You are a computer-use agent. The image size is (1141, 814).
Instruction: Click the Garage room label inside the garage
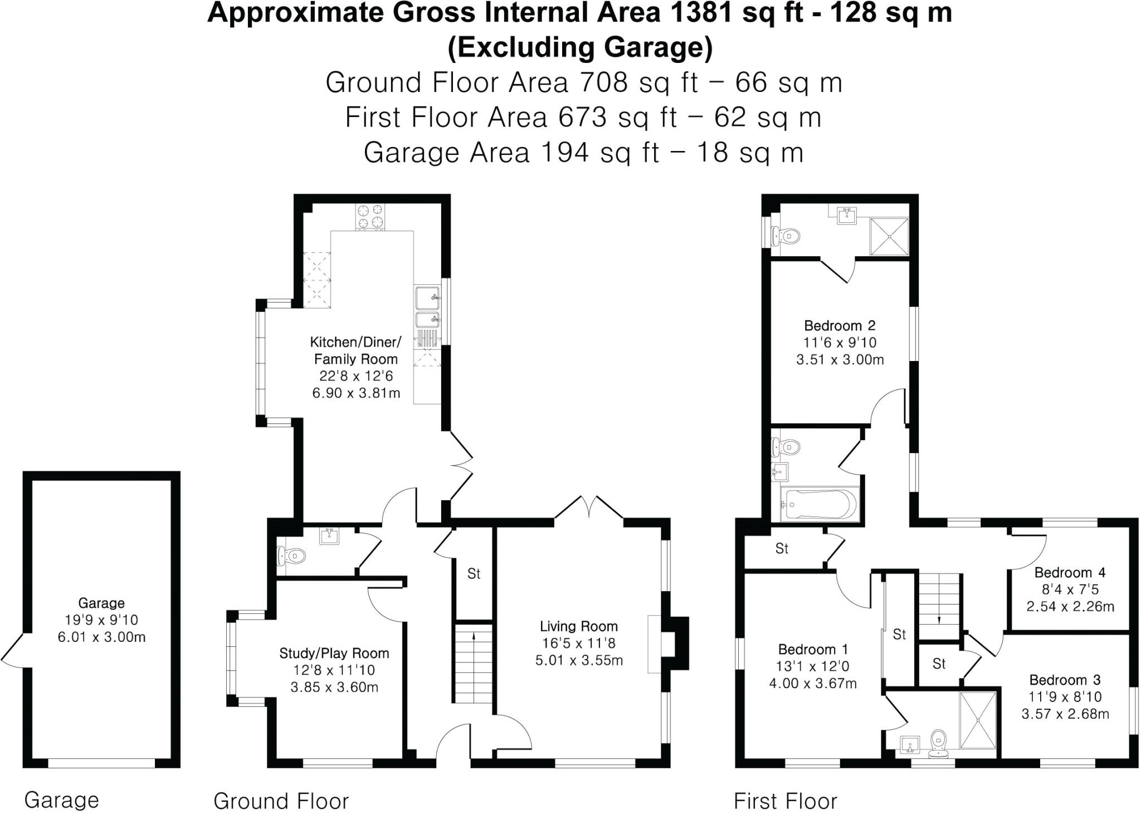pos(101,603)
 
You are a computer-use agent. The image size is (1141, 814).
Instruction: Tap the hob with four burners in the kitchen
pos(370,217)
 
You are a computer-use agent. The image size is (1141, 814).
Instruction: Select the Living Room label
pos(578,626)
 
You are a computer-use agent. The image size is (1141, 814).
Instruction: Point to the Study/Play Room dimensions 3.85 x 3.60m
pos(334,688)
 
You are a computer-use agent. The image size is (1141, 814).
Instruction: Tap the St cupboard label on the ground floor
pos(474,573)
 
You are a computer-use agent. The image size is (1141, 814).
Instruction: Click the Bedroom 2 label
pos(840,325)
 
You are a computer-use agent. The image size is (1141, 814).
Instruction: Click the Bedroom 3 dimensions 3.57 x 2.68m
pos(1065,714)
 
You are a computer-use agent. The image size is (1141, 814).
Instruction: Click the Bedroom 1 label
pos(813,649)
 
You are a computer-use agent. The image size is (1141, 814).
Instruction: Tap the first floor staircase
pos(939,606)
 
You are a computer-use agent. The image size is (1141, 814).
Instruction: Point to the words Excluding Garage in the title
pos(580,47)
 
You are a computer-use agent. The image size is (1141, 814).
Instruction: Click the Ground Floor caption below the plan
pos(281,801)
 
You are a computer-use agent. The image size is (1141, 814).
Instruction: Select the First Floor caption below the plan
pos(785,801)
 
